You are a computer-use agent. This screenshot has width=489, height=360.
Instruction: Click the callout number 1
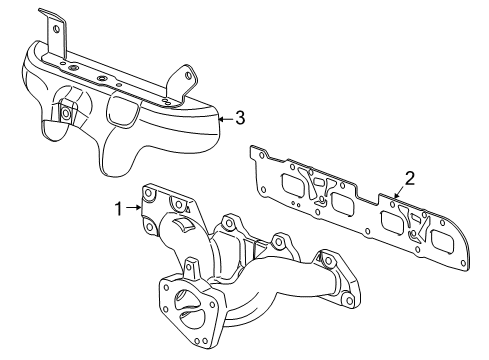point(117,210)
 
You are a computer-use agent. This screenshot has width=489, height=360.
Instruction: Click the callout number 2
point(408,181)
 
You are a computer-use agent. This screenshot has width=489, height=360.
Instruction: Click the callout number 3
point(239,118)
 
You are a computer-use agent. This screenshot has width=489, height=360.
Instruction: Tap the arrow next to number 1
point(133,210)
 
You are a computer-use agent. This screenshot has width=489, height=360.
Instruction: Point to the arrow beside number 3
point(225,118)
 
